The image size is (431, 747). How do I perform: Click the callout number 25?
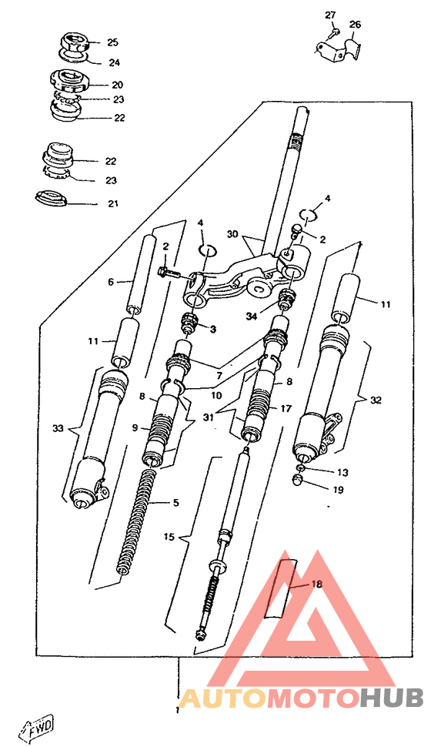click(112, 43)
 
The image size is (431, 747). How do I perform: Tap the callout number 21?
click(112, 204)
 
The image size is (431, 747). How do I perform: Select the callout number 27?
click(330, 15)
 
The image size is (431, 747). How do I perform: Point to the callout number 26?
click(356, 25)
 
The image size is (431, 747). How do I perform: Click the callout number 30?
click(232, 234)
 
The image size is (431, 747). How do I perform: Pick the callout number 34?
click(252, 316)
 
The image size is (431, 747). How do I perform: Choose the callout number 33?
click(58, 429)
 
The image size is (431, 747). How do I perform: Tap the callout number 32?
click(376, 400)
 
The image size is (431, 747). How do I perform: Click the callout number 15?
click(169, 537)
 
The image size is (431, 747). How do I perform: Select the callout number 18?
click(316, 584)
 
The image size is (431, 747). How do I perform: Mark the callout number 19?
click(338, 490)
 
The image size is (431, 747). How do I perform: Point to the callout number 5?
click(176, 503)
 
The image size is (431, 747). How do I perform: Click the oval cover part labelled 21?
click(50, 197)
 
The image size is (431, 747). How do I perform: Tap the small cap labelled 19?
click(298, 481)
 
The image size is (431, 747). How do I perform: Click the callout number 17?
click(286, 409)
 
